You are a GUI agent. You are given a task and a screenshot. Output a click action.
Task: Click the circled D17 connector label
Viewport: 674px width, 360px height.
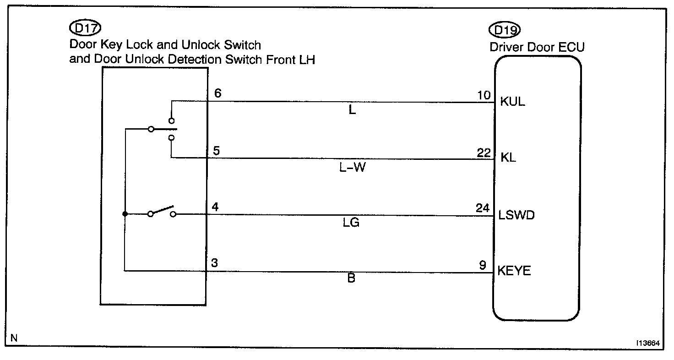[x=85, y=29]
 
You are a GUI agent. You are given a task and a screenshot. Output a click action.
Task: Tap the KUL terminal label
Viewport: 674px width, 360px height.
[x=513, y=102]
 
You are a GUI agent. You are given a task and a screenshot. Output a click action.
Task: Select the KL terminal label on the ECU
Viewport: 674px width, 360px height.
[x=508, y=158]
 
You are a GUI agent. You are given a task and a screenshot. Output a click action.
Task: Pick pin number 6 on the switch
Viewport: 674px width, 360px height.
[x=218, y=93]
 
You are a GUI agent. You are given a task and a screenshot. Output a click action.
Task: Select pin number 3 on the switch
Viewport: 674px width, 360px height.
[x=215, y=263]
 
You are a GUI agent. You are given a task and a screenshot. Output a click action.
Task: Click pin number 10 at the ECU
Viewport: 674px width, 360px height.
[x=484, y=95]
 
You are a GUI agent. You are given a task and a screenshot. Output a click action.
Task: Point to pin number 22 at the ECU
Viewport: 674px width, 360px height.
[x=484, y=153]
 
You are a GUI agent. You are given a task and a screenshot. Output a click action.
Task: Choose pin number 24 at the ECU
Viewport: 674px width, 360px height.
[x=484, y=208]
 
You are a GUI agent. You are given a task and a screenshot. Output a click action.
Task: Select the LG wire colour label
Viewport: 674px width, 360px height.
[x=352, y=223]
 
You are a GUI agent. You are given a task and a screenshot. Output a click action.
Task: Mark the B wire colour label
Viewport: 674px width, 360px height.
[x=351, y=278]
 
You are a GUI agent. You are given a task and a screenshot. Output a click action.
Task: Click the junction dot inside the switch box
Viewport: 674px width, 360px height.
[x=125, y=214]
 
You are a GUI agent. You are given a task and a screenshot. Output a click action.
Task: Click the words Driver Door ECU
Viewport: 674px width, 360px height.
[x=537, y=47]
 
